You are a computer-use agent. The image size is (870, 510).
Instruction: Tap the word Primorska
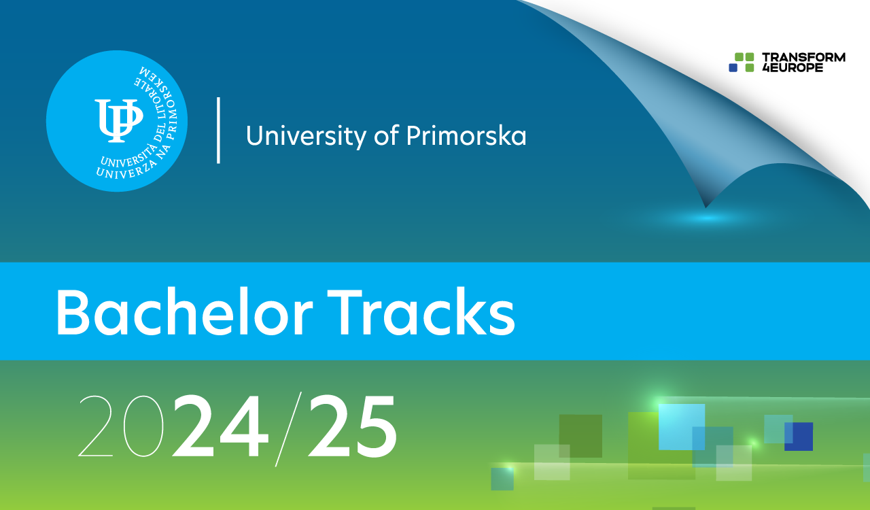[466, 135]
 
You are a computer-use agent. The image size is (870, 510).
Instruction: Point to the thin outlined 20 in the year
[121, 426]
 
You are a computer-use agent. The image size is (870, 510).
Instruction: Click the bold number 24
[220, 426]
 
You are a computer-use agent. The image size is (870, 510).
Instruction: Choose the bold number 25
[352, 426]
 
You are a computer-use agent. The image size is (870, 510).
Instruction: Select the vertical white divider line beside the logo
[218, 130]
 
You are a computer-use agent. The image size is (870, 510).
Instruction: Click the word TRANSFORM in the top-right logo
[803, 57]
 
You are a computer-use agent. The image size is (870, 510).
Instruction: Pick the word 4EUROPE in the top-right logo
[792, 67]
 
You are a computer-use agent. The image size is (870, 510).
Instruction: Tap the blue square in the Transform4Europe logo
[733, 68]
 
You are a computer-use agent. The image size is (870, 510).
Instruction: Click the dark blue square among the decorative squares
[799, 437]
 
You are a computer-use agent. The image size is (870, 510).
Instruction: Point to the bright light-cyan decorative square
[681, 426]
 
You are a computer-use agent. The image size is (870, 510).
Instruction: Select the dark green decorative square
[580, 436]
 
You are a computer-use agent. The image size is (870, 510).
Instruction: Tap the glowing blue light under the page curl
[707, 218]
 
